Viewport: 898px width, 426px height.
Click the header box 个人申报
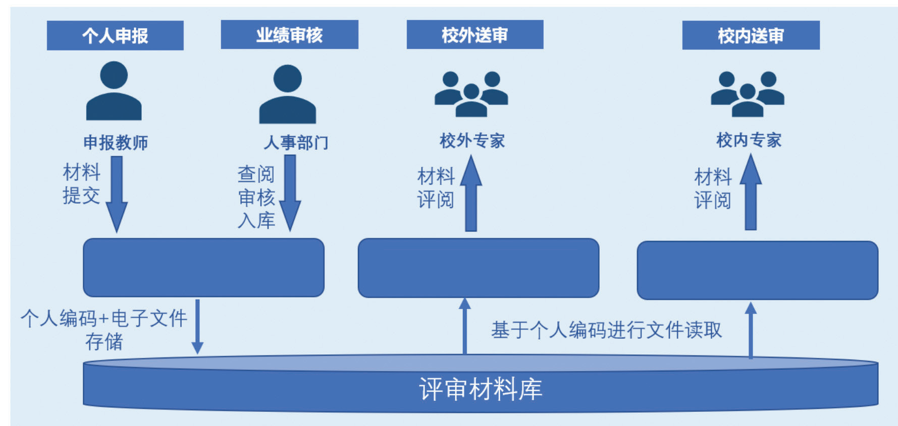[115, 35]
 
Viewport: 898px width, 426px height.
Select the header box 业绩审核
[289, 35]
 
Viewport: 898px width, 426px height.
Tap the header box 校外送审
[474, 35]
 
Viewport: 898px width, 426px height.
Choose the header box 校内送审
[751, 35]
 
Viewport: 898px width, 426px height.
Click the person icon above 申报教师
[114, 91]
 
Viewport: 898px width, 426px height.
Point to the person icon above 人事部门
[287, 94]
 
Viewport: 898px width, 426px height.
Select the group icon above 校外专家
[471, 94]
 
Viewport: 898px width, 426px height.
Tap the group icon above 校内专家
[747, 94]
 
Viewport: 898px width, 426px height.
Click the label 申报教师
[116, 143]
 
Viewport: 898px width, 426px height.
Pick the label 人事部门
[296, 143]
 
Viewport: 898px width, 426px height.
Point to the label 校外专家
[472, 141]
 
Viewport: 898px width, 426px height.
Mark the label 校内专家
[749, 140]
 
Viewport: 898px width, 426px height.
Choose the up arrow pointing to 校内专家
[751, 192]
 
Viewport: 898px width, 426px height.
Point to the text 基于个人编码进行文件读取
[606, 330]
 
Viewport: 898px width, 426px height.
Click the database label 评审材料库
[480, 389]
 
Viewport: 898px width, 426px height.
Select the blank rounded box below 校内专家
[757, 270]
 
